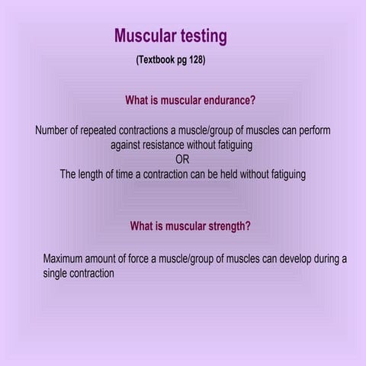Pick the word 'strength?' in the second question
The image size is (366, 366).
(226, 226)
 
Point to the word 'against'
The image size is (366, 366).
(127, 145)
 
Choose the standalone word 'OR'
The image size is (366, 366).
(183, 159)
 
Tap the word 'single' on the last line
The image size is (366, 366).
(57, 273)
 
